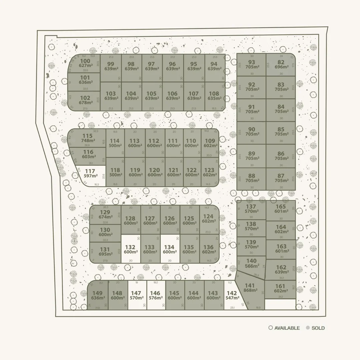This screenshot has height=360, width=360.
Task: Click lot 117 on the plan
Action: [x=90, y=174]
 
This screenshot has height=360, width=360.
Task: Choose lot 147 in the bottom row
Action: [x=137, y=295]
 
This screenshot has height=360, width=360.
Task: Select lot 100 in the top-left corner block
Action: [x=85, y=63]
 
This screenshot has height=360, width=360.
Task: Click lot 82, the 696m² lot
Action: [x=281, y=64]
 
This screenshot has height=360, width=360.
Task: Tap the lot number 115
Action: [x=87, y=136]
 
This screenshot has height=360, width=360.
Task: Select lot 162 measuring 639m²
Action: [x=281, y=269]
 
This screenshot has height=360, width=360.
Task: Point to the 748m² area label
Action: [x=88, y=141]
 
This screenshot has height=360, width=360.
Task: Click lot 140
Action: [x=252, y=263]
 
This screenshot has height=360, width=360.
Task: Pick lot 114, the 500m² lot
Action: [x=115, y=143]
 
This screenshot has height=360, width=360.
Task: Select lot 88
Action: [x=252, y=178]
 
